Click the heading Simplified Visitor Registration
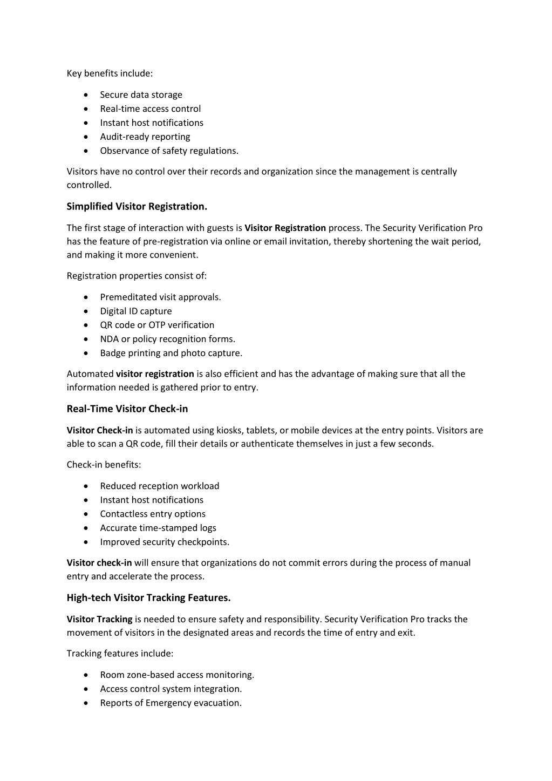click(137, 206)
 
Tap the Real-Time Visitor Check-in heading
click(127, 409)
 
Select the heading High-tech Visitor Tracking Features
click(148, 597)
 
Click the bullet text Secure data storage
click(141, 94)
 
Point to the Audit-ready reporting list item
click(145, 137)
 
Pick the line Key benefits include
click(110, 73)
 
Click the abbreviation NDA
click(110, 339)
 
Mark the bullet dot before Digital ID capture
click(86, 311)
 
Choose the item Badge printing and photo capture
click(171, 353)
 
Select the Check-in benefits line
click(104, 465)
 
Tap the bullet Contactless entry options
click(153, 514)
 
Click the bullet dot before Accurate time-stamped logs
click(86, 528)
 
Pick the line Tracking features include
click(120, 654)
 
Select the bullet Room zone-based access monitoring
click(177, 675)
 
